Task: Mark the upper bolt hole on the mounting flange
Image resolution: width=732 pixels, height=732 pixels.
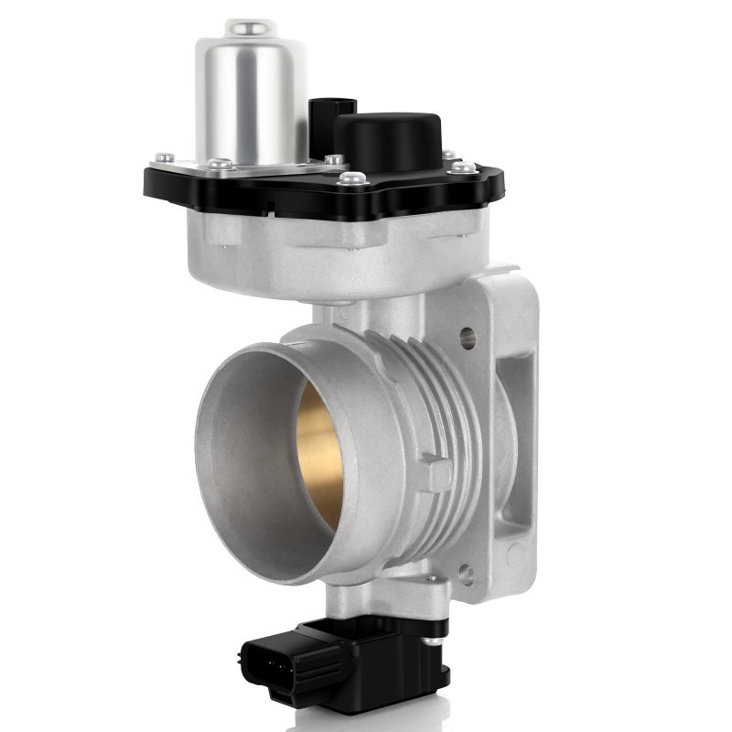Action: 468,339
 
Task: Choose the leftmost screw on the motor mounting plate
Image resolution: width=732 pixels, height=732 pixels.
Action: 165,158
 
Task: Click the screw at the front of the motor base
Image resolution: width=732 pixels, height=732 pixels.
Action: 220,166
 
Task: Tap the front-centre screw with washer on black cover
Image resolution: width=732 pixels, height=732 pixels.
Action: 351,179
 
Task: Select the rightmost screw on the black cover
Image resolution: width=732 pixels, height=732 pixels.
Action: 464,167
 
